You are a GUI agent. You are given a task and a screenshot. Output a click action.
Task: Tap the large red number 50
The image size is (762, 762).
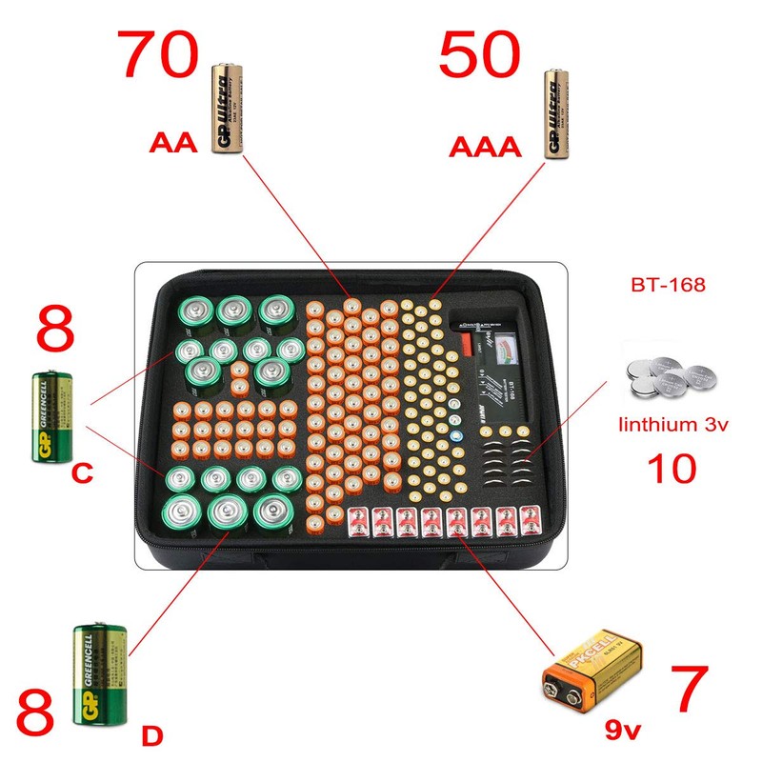(480, 57)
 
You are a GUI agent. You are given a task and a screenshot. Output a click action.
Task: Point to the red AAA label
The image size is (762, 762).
(486, 147)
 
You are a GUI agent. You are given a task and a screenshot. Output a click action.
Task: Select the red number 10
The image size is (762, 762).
(672, 469)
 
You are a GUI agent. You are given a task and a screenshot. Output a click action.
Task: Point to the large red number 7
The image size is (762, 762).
(689, 689)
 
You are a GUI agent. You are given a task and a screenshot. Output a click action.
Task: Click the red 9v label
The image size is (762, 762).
(624, 731)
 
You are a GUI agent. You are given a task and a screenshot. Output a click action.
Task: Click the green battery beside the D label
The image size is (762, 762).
(99, 674)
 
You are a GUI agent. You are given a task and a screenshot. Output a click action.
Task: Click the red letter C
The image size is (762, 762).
(83, 473)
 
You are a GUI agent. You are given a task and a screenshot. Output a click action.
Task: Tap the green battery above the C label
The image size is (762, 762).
(52, 417)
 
